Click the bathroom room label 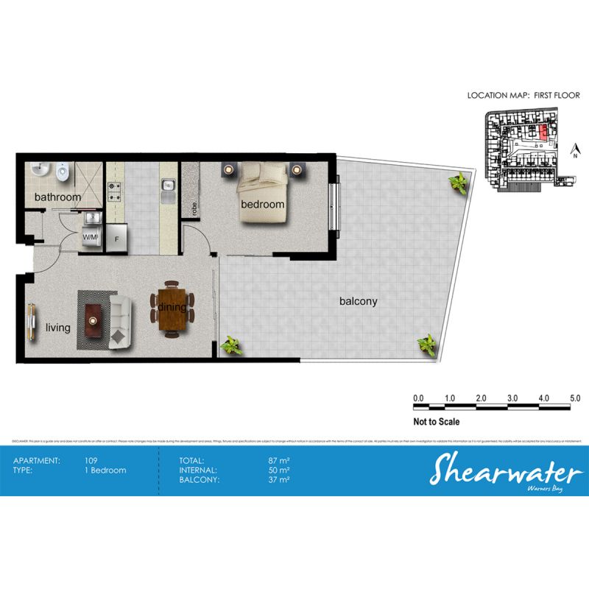[x=57, y=197]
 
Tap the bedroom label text [x=262, y=204]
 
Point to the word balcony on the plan [x=358, y=301]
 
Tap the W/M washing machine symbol [x=91, y=238]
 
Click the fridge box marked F [x=116, y=238]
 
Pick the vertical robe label [x=194, y=209]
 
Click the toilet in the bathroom [x=63, y=172]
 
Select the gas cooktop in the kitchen [x=115, y=192]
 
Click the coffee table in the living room [x=94, y=317]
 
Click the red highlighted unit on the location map [x=543, y=133]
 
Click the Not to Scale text [x=436, y=422]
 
